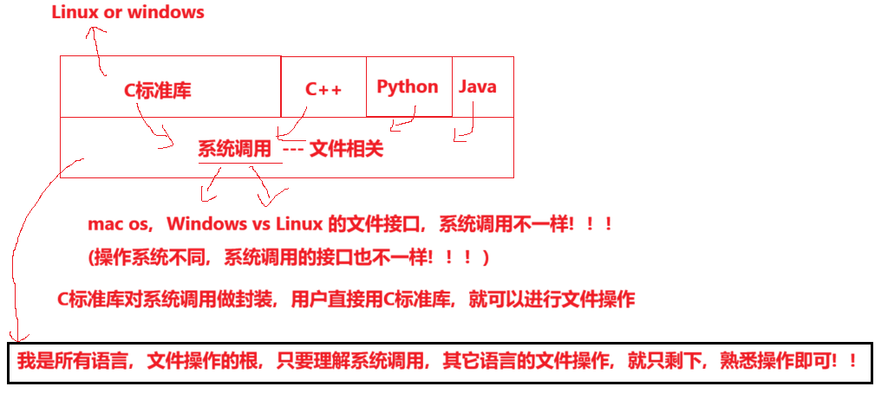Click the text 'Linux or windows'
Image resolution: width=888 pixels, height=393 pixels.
tap(128, 12)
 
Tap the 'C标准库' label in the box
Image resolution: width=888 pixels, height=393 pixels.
tap(158, 90)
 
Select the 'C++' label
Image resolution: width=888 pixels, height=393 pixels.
tap(323, 89)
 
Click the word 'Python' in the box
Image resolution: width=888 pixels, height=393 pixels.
tap(408, 87)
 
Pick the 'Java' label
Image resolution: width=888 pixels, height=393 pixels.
tap(477, 87)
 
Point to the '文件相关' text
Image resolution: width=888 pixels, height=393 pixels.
tap(346, 149)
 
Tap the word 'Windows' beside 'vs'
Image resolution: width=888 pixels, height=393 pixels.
tap(206, 224)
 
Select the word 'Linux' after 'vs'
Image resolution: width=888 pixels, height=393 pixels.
tap(299, 224)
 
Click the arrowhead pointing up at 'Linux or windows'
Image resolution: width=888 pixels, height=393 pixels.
tap(94, 33)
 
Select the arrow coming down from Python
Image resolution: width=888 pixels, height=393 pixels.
tap(403, 121)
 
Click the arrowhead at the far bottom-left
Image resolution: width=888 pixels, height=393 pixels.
tap(14, 336)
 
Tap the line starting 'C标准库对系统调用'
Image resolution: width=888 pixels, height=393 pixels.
tap(346, 300)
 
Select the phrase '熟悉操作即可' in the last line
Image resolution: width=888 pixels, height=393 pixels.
tap(770, 360)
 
